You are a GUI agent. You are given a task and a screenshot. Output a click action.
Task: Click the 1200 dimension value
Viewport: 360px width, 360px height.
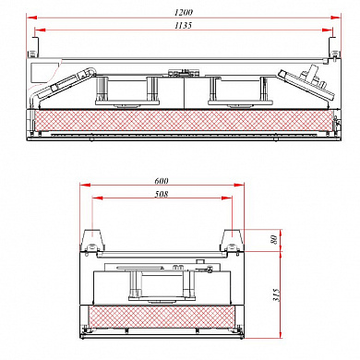click(184, 12)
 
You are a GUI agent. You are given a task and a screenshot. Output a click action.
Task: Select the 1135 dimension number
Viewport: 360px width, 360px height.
click(184, 25)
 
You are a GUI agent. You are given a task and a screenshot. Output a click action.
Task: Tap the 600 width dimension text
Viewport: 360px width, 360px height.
click(162, 181)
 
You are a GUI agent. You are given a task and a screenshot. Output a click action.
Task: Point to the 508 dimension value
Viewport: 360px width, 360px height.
click(162, 194)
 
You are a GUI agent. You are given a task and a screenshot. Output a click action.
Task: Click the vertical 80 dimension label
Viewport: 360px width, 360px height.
click(273, 239)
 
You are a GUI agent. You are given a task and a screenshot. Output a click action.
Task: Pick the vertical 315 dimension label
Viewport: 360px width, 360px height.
click(276, 295)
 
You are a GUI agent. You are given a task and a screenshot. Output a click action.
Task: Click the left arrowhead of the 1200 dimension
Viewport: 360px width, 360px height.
click(31, 18)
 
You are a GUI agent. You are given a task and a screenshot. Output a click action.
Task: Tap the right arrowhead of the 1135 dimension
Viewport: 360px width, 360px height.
click(328, 30)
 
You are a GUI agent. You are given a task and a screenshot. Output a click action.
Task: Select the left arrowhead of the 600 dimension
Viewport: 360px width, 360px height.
click(85, 185)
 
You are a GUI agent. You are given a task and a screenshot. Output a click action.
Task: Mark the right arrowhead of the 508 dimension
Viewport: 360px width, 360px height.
click(227, 198)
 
